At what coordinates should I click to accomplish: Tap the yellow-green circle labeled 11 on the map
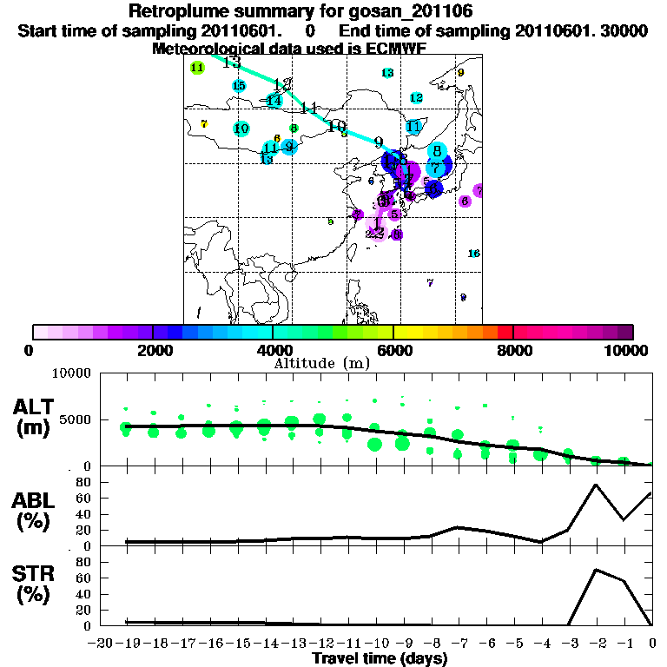point(197,68)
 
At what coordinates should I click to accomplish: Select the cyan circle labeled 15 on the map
point(239,85)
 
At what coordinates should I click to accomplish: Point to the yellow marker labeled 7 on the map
point(204,124)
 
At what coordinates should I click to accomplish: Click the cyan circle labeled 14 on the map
point(274,101)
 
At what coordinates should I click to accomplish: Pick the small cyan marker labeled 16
point(474,254)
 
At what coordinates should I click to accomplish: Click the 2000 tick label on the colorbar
point(152,350)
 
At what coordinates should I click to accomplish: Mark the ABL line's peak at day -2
point(596,485)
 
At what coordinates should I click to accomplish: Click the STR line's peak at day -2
point(596,570)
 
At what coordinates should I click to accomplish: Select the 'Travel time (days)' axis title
point(380,659)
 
